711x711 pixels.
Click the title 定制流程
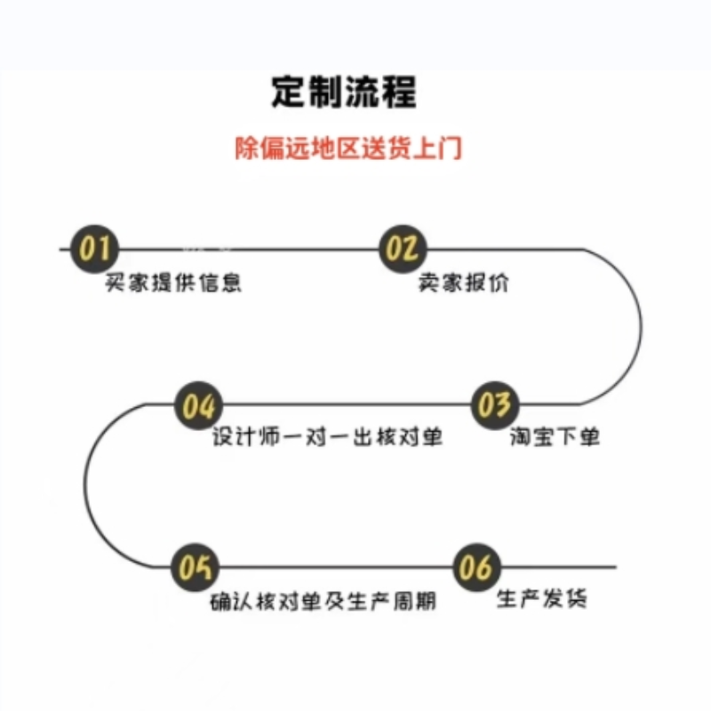344,92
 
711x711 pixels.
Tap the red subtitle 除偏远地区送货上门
348,147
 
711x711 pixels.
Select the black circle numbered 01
93,249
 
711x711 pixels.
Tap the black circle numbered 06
476,566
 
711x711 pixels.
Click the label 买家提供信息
174,284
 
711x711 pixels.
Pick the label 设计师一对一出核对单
328,438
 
